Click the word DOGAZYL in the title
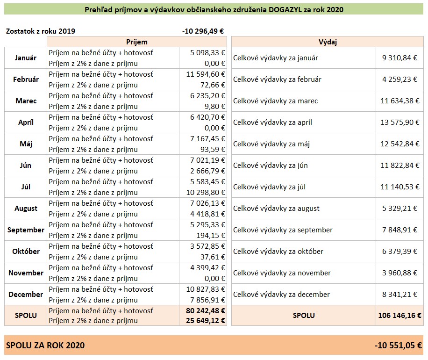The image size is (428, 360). pos(285,9)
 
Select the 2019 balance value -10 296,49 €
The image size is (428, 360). pos(203,31)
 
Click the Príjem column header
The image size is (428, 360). pos(137,42)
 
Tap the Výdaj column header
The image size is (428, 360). pos(328,42)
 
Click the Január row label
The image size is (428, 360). pos(26,58)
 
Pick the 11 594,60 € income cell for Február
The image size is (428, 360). pos(206,74)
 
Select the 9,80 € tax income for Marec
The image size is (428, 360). pos(215,107)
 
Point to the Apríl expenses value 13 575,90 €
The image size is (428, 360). pos(400,122)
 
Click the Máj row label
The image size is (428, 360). pos(26,144)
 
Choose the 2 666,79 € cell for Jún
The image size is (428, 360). pos(208,171)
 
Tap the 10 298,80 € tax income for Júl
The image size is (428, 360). pos(206,193)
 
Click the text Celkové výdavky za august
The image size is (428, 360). pos(276,209)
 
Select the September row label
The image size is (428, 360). pos(26,230)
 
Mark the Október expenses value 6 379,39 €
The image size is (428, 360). pos(399,251)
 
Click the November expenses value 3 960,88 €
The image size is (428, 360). pos(399,273)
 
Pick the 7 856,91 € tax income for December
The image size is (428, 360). pos(208,300)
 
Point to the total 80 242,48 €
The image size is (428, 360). pos(206,311)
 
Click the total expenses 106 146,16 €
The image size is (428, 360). pos(399,316)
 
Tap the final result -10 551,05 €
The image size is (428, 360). pos(398,346)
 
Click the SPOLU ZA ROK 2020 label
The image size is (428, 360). pos(45,346)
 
